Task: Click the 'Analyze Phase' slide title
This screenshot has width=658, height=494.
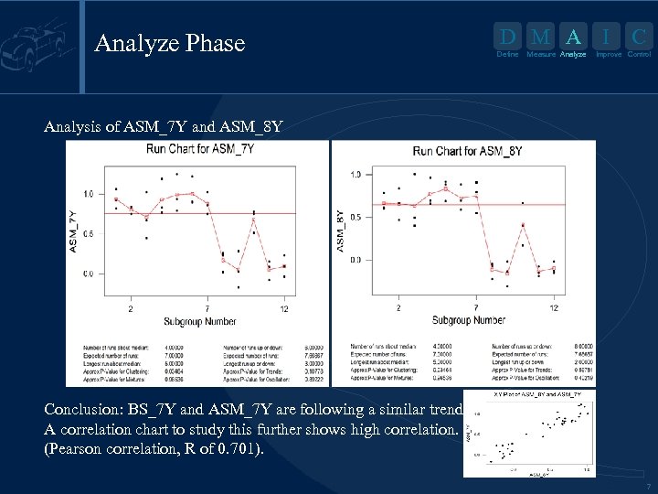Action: [x=170, y=43]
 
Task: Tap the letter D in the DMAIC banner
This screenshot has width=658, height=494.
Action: [x=507, y=38]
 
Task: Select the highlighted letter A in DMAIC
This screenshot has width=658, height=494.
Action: [x=573, y=38]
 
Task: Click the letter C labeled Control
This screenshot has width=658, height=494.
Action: [x=639, y=38]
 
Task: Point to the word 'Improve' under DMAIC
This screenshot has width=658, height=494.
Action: [x=608, y=55]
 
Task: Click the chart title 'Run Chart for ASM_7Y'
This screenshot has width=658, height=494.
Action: [x=200, y=150]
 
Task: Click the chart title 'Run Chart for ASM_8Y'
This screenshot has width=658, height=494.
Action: [x=467, y=151]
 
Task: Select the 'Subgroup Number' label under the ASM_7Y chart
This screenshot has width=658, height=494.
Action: [x=200, y=321]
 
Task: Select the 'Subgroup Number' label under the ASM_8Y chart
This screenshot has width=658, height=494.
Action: [x=468, y=320]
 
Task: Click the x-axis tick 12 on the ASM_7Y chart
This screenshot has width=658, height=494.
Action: [x=285, y=308]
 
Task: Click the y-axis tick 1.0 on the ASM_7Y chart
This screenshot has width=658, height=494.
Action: [x=87, y=194]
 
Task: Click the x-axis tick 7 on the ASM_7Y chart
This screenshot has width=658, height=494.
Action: [x=207, y=308]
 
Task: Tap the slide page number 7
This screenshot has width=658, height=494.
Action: [x=647, y=486]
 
